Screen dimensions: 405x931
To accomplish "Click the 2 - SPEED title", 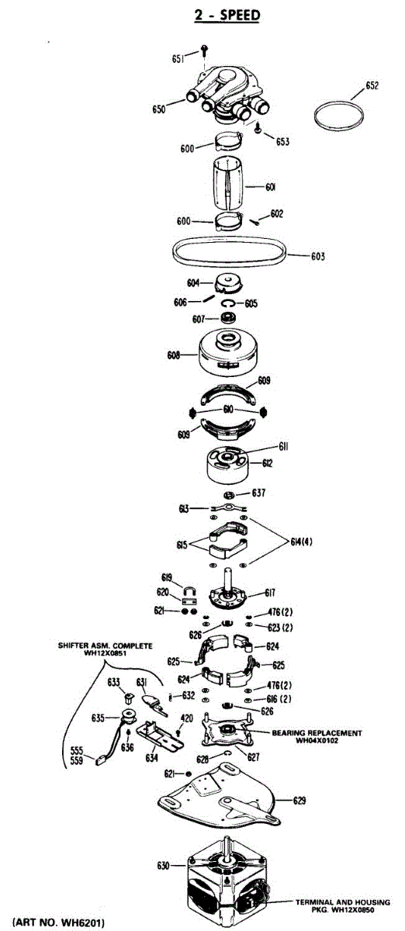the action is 227,16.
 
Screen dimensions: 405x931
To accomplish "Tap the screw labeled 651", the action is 204,51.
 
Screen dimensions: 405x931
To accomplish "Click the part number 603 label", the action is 317,256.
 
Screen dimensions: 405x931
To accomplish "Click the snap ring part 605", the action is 228,303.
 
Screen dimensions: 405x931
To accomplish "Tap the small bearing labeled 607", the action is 228,318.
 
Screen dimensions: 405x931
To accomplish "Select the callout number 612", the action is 268,463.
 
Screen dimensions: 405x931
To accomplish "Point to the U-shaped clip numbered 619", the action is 189,591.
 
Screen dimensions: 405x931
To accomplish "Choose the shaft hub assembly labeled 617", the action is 229,590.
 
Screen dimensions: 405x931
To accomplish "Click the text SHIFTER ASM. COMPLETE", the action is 106,645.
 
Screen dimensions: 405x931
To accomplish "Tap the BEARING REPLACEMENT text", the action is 317,732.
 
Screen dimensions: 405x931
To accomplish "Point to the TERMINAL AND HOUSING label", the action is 343,902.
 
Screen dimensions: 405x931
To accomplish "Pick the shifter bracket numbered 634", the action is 161,738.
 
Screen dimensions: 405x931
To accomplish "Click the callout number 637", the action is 258,493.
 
